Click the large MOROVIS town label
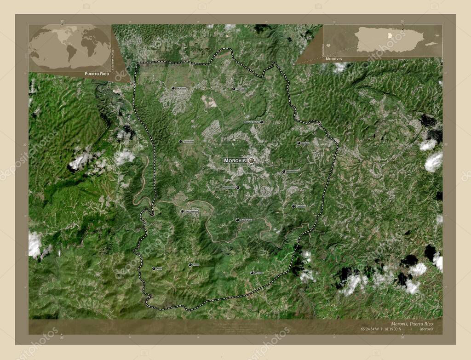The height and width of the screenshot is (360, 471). [235, 160]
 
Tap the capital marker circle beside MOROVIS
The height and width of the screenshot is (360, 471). [251, 160]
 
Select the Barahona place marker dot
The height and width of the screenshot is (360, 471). [173, 88]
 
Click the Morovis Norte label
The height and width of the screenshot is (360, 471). [251, 122]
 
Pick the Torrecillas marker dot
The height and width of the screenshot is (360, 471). [180, 142]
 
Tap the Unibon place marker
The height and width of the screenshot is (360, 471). [298, 143]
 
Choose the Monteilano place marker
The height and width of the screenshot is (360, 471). [284, 171]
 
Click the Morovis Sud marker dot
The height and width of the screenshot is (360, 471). [238, 187]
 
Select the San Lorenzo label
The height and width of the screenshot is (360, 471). [191, 211]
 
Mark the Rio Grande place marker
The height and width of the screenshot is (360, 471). [237, 220]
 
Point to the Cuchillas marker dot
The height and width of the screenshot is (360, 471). [293, 206]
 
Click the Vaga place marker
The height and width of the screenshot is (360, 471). [154, 269]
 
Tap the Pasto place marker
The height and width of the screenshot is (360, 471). [190, 265]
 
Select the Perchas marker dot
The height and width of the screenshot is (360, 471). [252, 273]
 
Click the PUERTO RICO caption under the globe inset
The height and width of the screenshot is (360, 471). [97, 74]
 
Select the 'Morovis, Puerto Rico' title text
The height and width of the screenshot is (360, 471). [411, 323]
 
